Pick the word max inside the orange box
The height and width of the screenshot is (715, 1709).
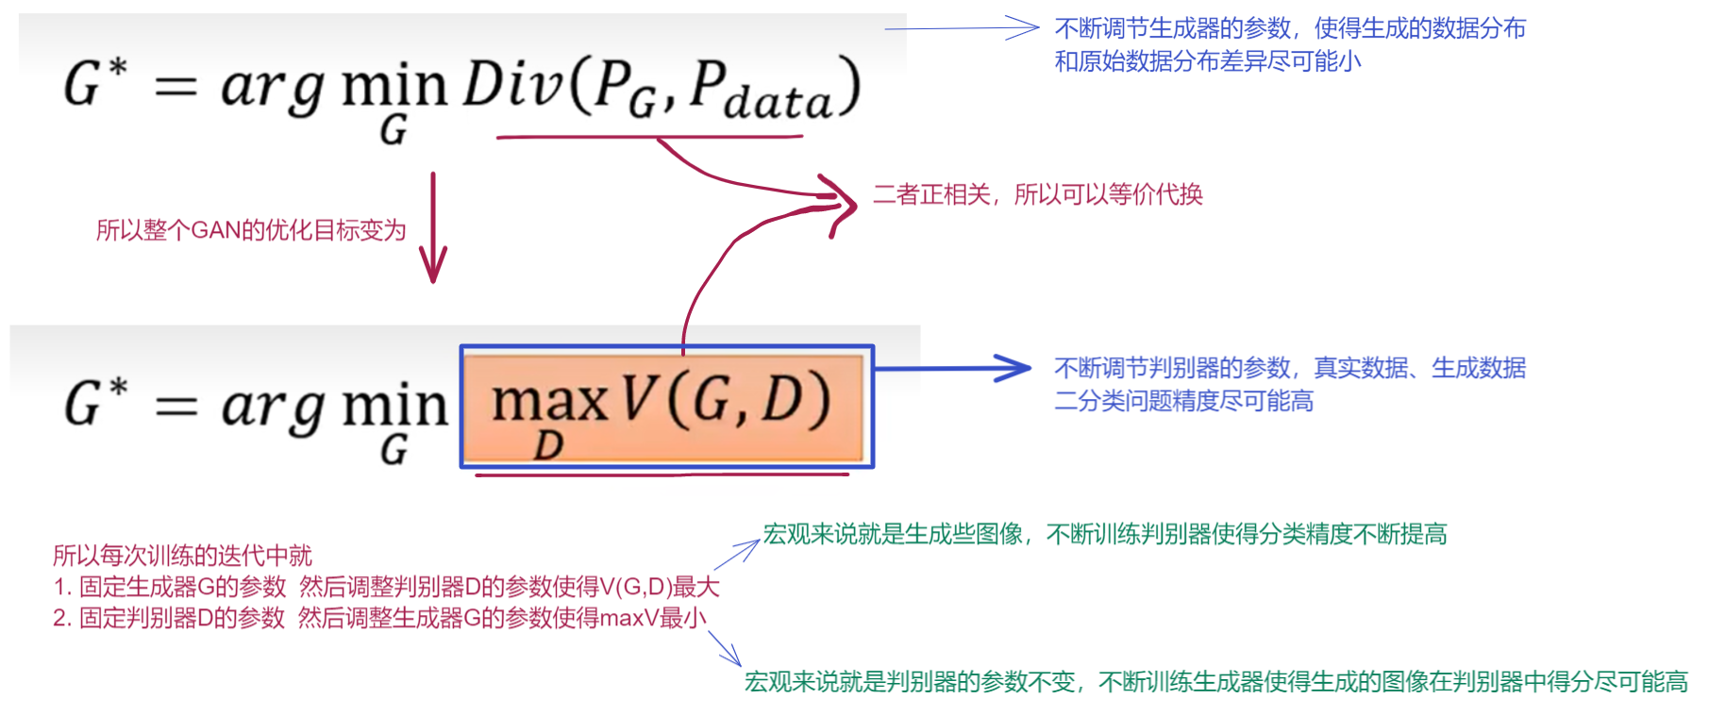click(x=549, y=401)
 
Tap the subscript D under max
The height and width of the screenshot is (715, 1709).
click(x=548, y=446)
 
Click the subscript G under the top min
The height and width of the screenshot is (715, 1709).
click(x=394, y=130)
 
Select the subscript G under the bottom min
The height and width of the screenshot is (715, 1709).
click(x=394, y=450)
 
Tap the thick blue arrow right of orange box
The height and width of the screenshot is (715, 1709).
click(x=953, y=368)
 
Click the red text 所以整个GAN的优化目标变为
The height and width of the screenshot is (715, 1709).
click(x=250, y=230)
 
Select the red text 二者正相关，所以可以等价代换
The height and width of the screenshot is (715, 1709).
click(x=1037, y=195)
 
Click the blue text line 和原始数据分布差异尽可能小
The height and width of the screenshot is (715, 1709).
click(x=1207, y=61)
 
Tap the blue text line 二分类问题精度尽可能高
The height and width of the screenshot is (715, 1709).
click(x=1183, y=402)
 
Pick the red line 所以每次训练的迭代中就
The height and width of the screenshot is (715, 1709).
click(x=182, y=556)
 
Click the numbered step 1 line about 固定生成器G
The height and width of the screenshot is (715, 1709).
click(x=386, y=587)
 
